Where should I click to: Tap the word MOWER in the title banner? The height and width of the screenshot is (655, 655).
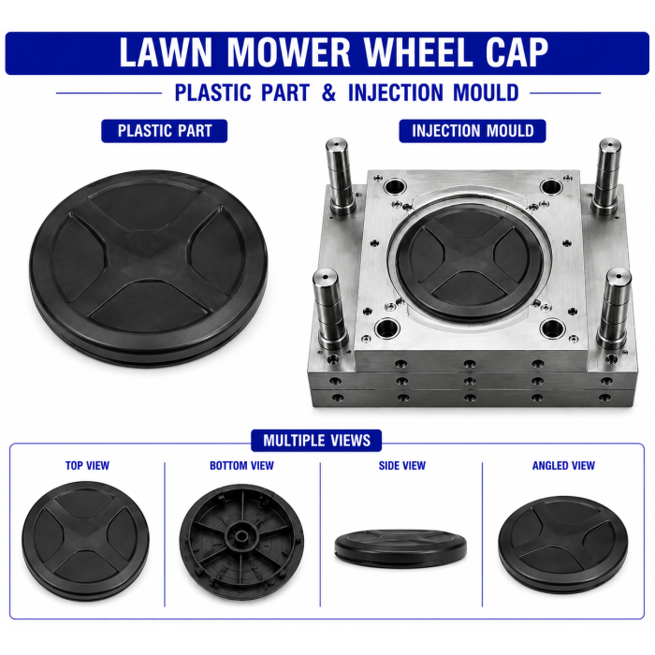288,52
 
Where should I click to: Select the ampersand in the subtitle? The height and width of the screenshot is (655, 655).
328,93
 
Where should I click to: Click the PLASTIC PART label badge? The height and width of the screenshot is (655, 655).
165,131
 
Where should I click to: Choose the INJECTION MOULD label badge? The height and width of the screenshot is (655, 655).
473,131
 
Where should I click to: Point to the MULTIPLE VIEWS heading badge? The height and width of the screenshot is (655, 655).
316,441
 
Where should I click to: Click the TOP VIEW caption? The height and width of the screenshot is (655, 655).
87,465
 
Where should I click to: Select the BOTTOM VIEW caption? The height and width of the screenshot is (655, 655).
241,465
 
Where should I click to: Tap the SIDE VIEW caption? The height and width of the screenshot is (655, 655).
401,465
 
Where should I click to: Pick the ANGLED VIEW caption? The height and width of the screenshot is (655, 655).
563,465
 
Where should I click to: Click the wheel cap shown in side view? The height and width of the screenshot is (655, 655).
400,546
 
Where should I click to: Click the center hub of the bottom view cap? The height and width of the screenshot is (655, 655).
240,536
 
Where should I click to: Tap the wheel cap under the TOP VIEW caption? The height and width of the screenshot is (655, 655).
86,541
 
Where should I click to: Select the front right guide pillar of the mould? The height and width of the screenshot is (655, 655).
615,309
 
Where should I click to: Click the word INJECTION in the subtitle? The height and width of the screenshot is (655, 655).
396,93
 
